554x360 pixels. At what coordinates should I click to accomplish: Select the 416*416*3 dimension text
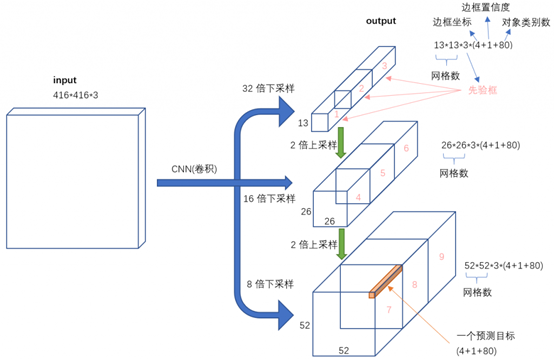click(77, 94)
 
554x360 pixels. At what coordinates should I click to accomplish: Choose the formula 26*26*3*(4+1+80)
click(481, 145)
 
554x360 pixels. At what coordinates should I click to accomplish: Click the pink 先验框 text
click(484, 89)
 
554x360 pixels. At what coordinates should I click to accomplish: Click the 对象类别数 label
click(527, 21)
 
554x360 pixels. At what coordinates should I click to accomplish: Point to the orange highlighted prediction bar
click(385, 279)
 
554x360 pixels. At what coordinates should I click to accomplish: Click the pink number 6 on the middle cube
click(405, 148)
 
